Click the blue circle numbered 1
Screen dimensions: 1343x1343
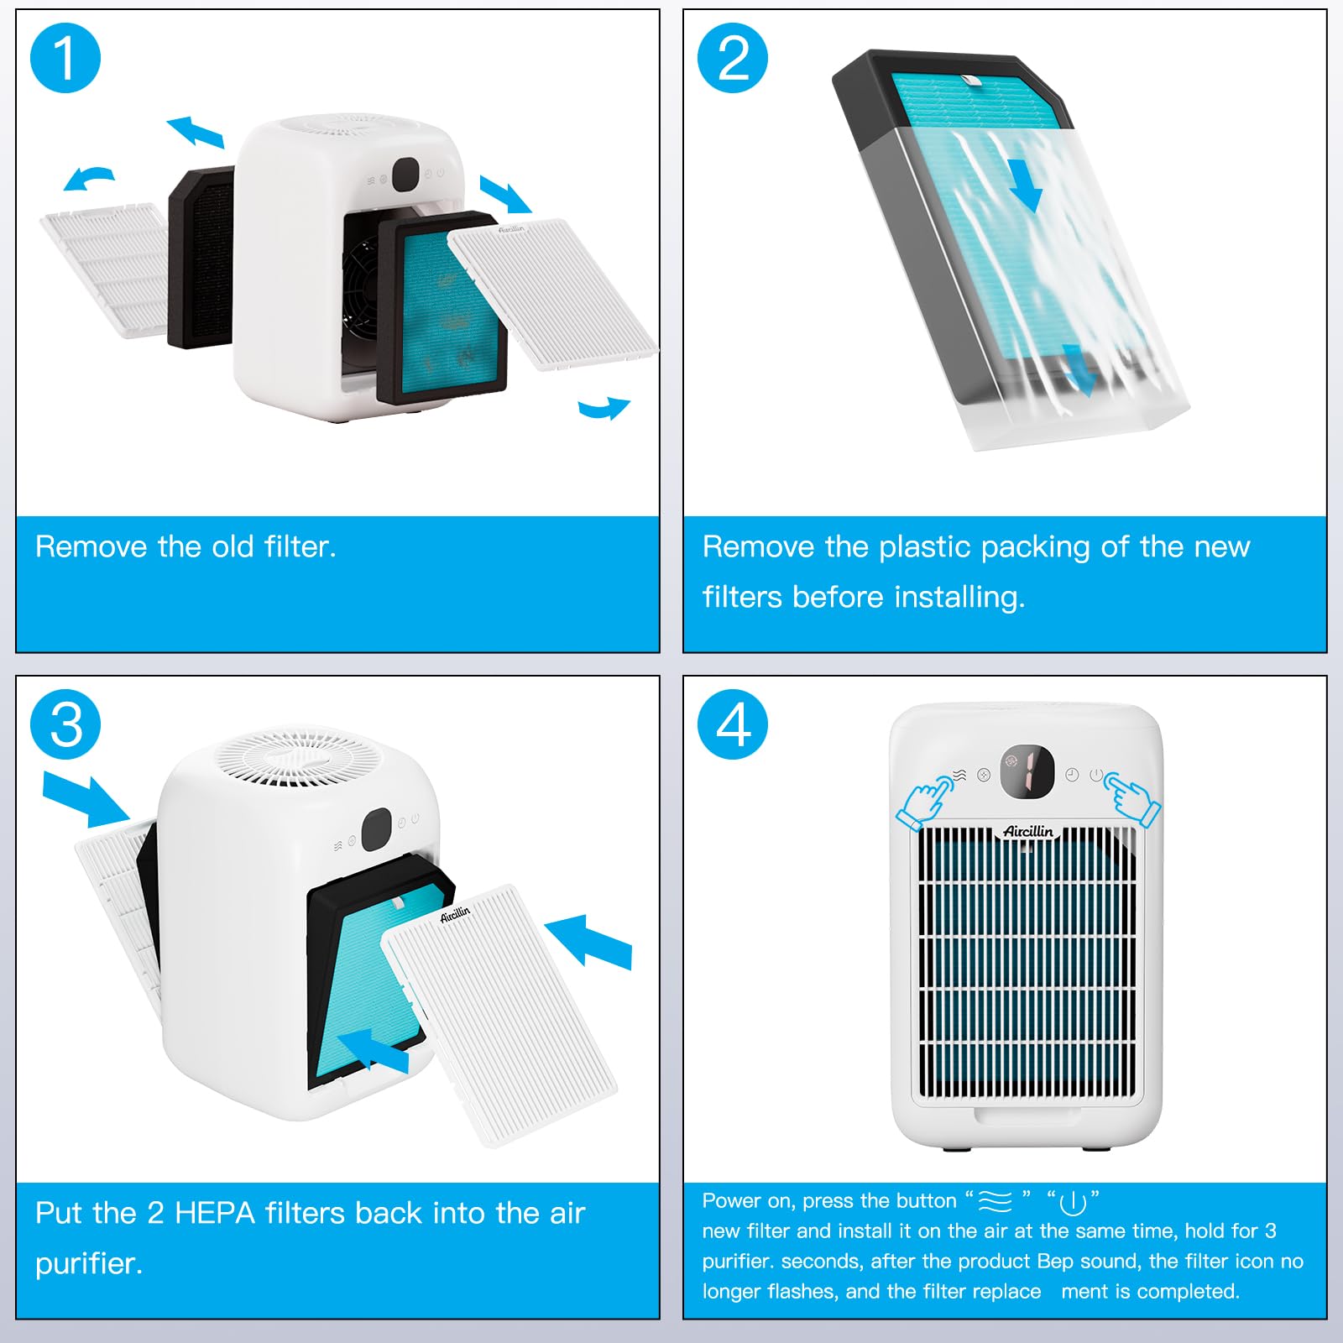click(65, 58)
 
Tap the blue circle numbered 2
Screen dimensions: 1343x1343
click(733, 58)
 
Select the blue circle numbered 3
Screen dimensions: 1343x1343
click(65, 724)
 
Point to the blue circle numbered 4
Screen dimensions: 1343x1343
click(733, 724)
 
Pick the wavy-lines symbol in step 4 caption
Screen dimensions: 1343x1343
click(995, 1202)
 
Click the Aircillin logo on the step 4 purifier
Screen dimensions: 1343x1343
click(1028, 831)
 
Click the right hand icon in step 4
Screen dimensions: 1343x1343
click(1132, 797)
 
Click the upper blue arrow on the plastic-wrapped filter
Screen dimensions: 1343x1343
click(1026, 186)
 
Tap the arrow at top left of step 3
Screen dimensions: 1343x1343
click(86, 798)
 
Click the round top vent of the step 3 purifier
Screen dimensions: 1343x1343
click(299, 758)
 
